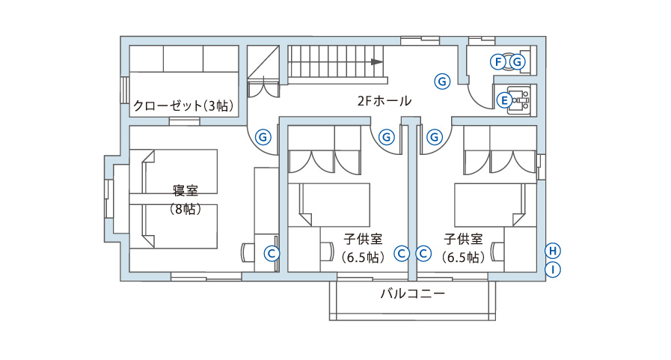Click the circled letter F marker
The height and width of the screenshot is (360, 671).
[497, 62]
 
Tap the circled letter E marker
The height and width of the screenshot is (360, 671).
[504, 100]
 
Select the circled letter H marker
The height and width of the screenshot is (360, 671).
[553, 251]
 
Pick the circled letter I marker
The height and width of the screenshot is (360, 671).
[553, 269]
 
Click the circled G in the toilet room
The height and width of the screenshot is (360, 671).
[518, 62]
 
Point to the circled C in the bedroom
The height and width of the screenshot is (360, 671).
[272, 254]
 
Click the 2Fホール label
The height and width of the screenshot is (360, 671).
[384, 101]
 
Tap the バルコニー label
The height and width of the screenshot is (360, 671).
[412, 293]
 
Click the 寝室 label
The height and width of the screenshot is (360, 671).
[186, 190]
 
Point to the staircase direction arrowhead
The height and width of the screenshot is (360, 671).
[377, 61]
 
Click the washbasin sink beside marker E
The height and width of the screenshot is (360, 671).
[519, 100]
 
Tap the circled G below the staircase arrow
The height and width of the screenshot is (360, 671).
[442, 81]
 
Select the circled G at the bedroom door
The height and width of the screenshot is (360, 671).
[263, 138]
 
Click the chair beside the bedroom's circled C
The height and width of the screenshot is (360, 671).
[248, 252]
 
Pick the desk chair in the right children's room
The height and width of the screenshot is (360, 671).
[497, 251]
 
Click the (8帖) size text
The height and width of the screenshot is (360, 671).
[186, 210]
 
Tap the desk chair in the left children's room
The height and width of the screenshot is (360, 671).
[327, 251]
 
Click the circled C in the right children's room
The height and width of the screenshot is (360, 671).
[423, 254]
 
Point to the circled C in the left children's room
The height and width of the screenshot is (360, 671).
[402, 254]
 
